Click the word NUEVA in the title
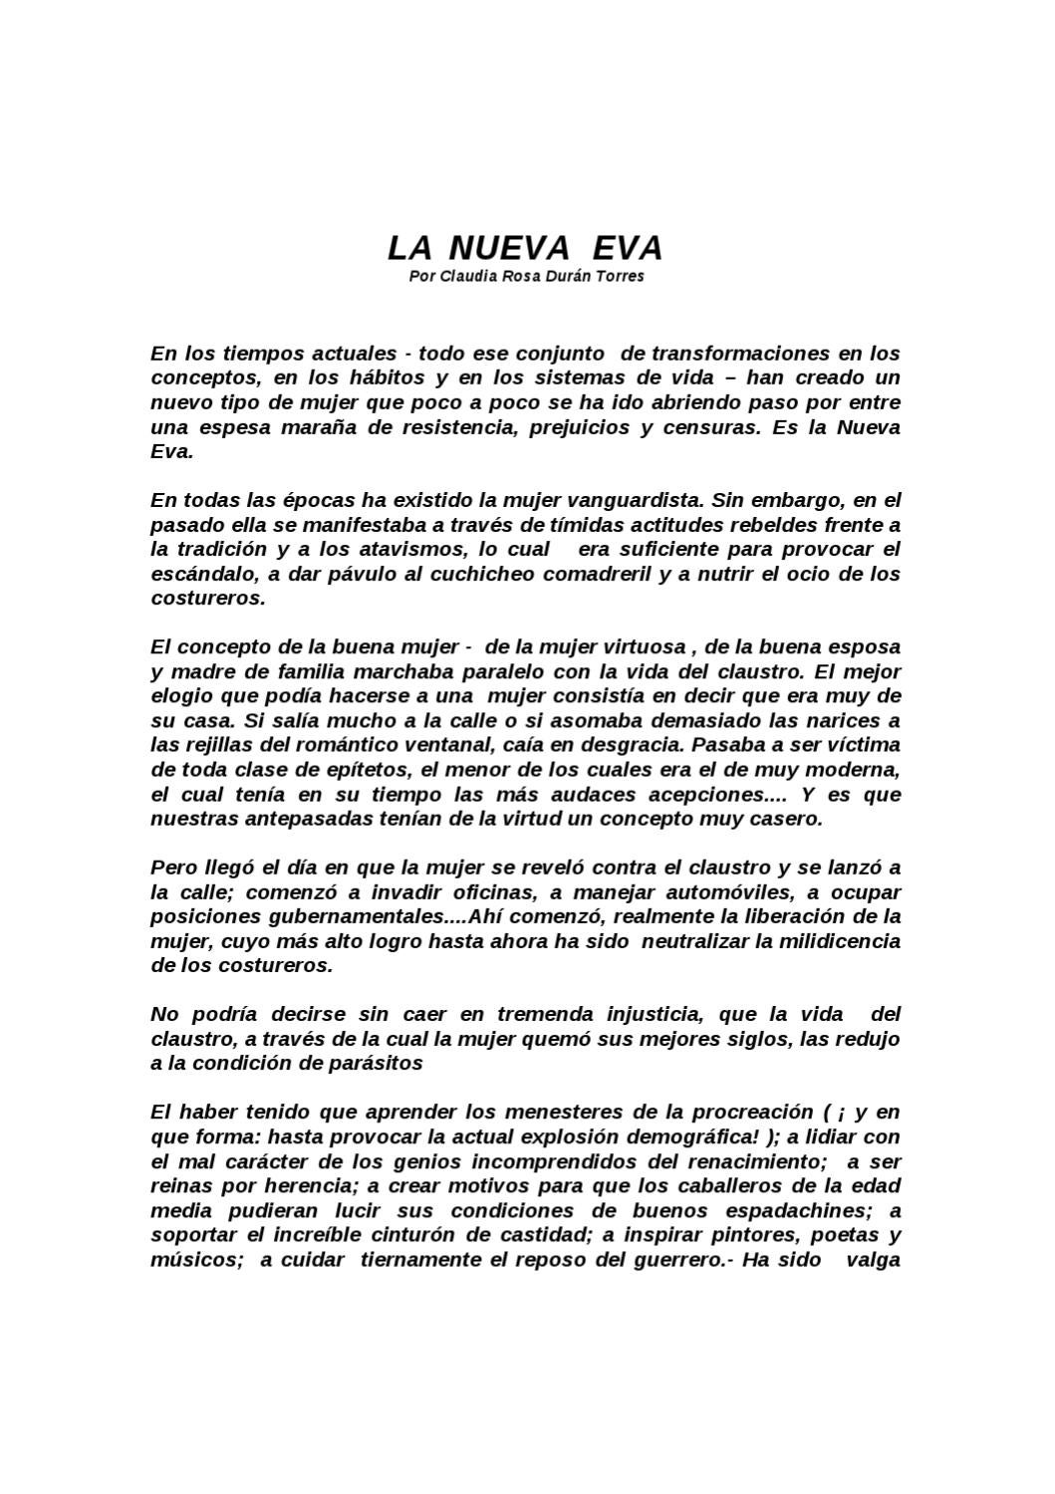tap(508, 247)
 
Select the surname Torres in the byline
tap(620, 276)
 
